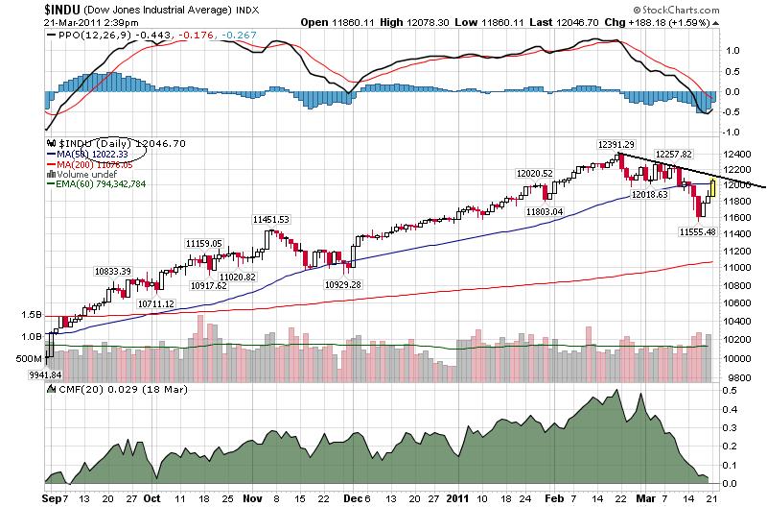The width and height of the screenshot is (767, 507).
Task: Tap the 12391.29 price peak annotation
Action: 616,144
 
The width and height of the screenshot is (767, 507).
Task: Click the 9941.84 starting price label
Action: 23,374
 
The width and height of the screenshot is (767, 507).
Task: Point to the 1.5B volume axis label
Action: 33,313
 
